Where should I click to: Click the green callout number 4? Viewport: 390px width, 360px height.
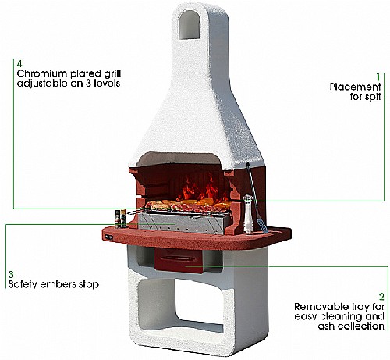click(x=19, y=64)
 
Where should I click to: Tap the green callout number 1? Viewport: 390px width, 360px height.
click(x=378, y=77)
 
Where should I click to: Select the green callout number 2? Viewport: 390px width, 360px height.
click(x=381, y=297)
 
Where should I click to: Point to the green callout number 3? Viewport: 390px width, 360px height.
click(x=11, y=274)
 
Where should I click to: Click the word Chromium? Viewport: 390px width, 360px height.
click(x=42, y=73)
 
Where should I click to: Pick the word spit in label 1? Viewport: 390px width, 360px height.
click(x=373, y=97)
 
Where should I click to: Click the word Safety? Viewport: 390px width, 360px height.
click(x=22, y=284)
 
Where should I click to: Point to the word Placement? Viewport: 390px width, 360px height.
click(x=355, y=87)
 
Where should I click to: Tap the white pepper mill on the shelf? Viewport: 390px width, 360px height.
click(x=248, y=213)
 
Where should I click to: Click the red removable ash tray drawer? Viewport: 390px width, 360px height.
click(x=179, y=260)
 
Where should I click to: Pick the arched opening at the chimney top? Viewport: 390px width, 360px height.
click(x=189, y=25)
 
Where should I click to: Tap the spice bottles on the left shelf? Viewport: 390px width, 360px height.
click(x=120, y=218)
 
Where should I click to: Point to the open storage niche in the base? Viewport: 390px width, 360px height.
click(x=179, y=305)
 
